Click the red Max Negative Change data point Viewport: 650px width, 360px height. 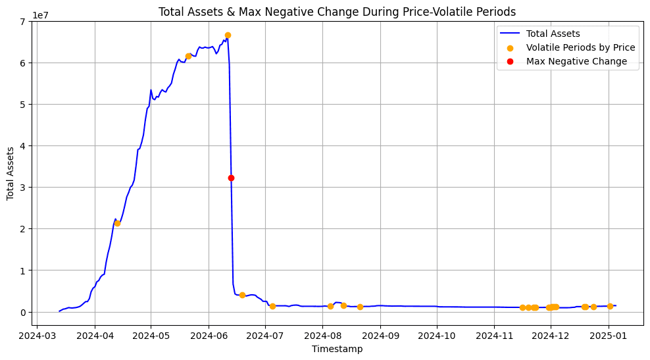coord(231,178)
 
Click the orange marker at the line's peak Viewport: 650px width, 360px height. coord(228,35)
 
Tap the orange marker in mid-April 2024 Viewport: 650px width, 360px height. coord(117,223)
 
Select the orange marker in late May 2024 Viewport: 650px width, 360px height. coord(188,56)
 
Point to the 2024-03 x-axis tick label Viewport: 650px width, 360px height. coord(37,335)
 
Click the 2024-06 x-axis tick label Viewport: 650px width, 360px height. coord(209,335)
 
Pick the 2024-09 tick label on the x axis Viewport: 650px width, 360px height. coord(380,335)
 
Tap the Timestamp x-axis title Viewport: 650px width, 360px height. coord(337,349)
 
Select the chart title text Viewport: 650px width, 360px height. coord(337,11)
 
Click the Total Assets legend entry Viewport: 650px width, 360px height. coord(553,34)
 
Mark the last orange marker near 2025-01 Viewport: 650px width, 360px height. coord(610,306)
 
